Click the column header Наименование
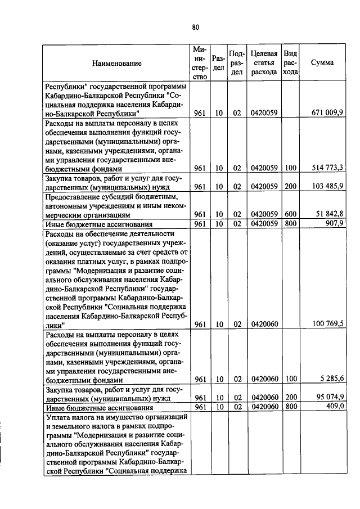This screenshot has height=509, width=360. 117,64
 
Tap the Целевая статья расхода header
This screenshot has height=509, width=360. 264,62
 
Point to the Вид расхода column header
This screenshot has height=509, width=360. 290,62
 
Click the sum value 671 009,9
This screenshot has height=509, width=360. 328,113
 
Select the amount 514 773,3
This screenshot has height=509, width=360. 328,168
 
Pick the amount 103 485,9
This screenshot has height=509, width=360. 328,186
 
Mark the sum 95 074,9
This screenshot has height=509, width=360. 330,397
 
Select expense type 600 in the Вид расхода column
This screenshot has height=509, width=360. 290,214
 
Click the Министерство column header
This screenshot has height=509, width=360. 199,62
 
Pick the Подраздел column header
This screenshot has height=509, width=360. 236,62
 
